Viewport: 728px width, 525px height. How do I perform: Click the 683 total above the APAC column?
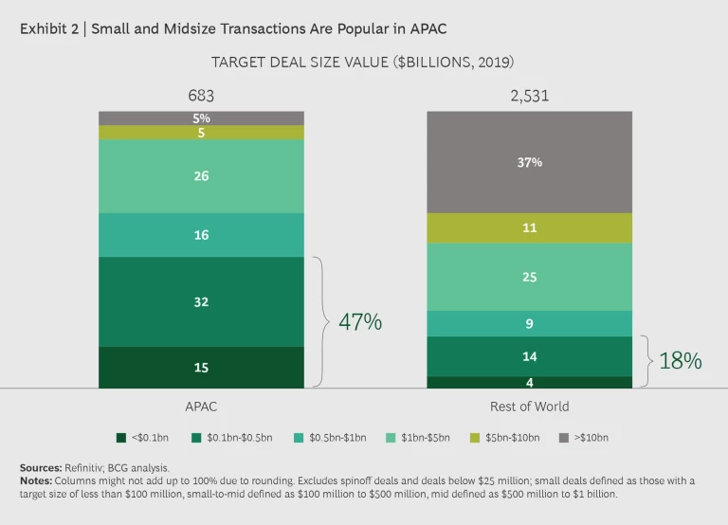click(x=201, y=96)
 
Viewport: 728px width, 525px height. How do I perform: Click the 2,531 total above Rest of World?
click(x=529, y=96)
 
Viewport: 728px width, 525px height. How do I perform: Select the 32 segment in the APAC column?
click(x=201, y=301)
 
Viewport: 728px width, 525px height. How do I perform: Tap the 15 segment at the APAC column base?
click(x=201, y=368)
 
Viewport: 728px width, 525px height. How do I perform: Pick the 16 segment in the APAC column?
click(x=201, y=235)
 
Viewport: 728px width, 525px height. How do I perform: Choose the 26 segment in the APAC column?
click(x=201, y=176)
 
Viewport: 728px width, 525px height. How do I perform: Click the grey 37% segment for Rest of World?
click(x=529, y=162)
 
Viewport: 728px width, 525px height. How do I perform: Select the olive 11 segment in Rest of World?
click(x=529, y=228)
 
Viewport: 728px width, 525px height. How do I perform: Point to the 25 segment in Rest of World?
click(x=529, y=277)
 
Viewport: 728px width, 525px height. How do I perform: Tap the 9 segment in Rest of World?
click(x=529, y=323)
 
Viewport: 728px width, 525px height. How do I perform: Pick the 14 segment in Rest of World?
click(x=529, y=356)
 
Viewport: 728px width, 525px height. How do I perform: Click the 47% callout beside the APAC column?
click(x=360, y=322)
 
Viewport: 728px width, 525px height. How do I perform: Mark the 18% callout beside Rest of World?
click(x=680, y=360)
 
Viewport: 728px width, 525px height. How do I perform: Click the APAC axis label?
click(x=201, y=407)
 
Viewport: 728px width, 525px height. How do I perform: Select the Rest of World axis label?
click(x=530, y=407)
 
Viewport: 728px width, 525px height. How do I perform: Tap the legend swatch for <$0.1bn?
click(x=120, y=438)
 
